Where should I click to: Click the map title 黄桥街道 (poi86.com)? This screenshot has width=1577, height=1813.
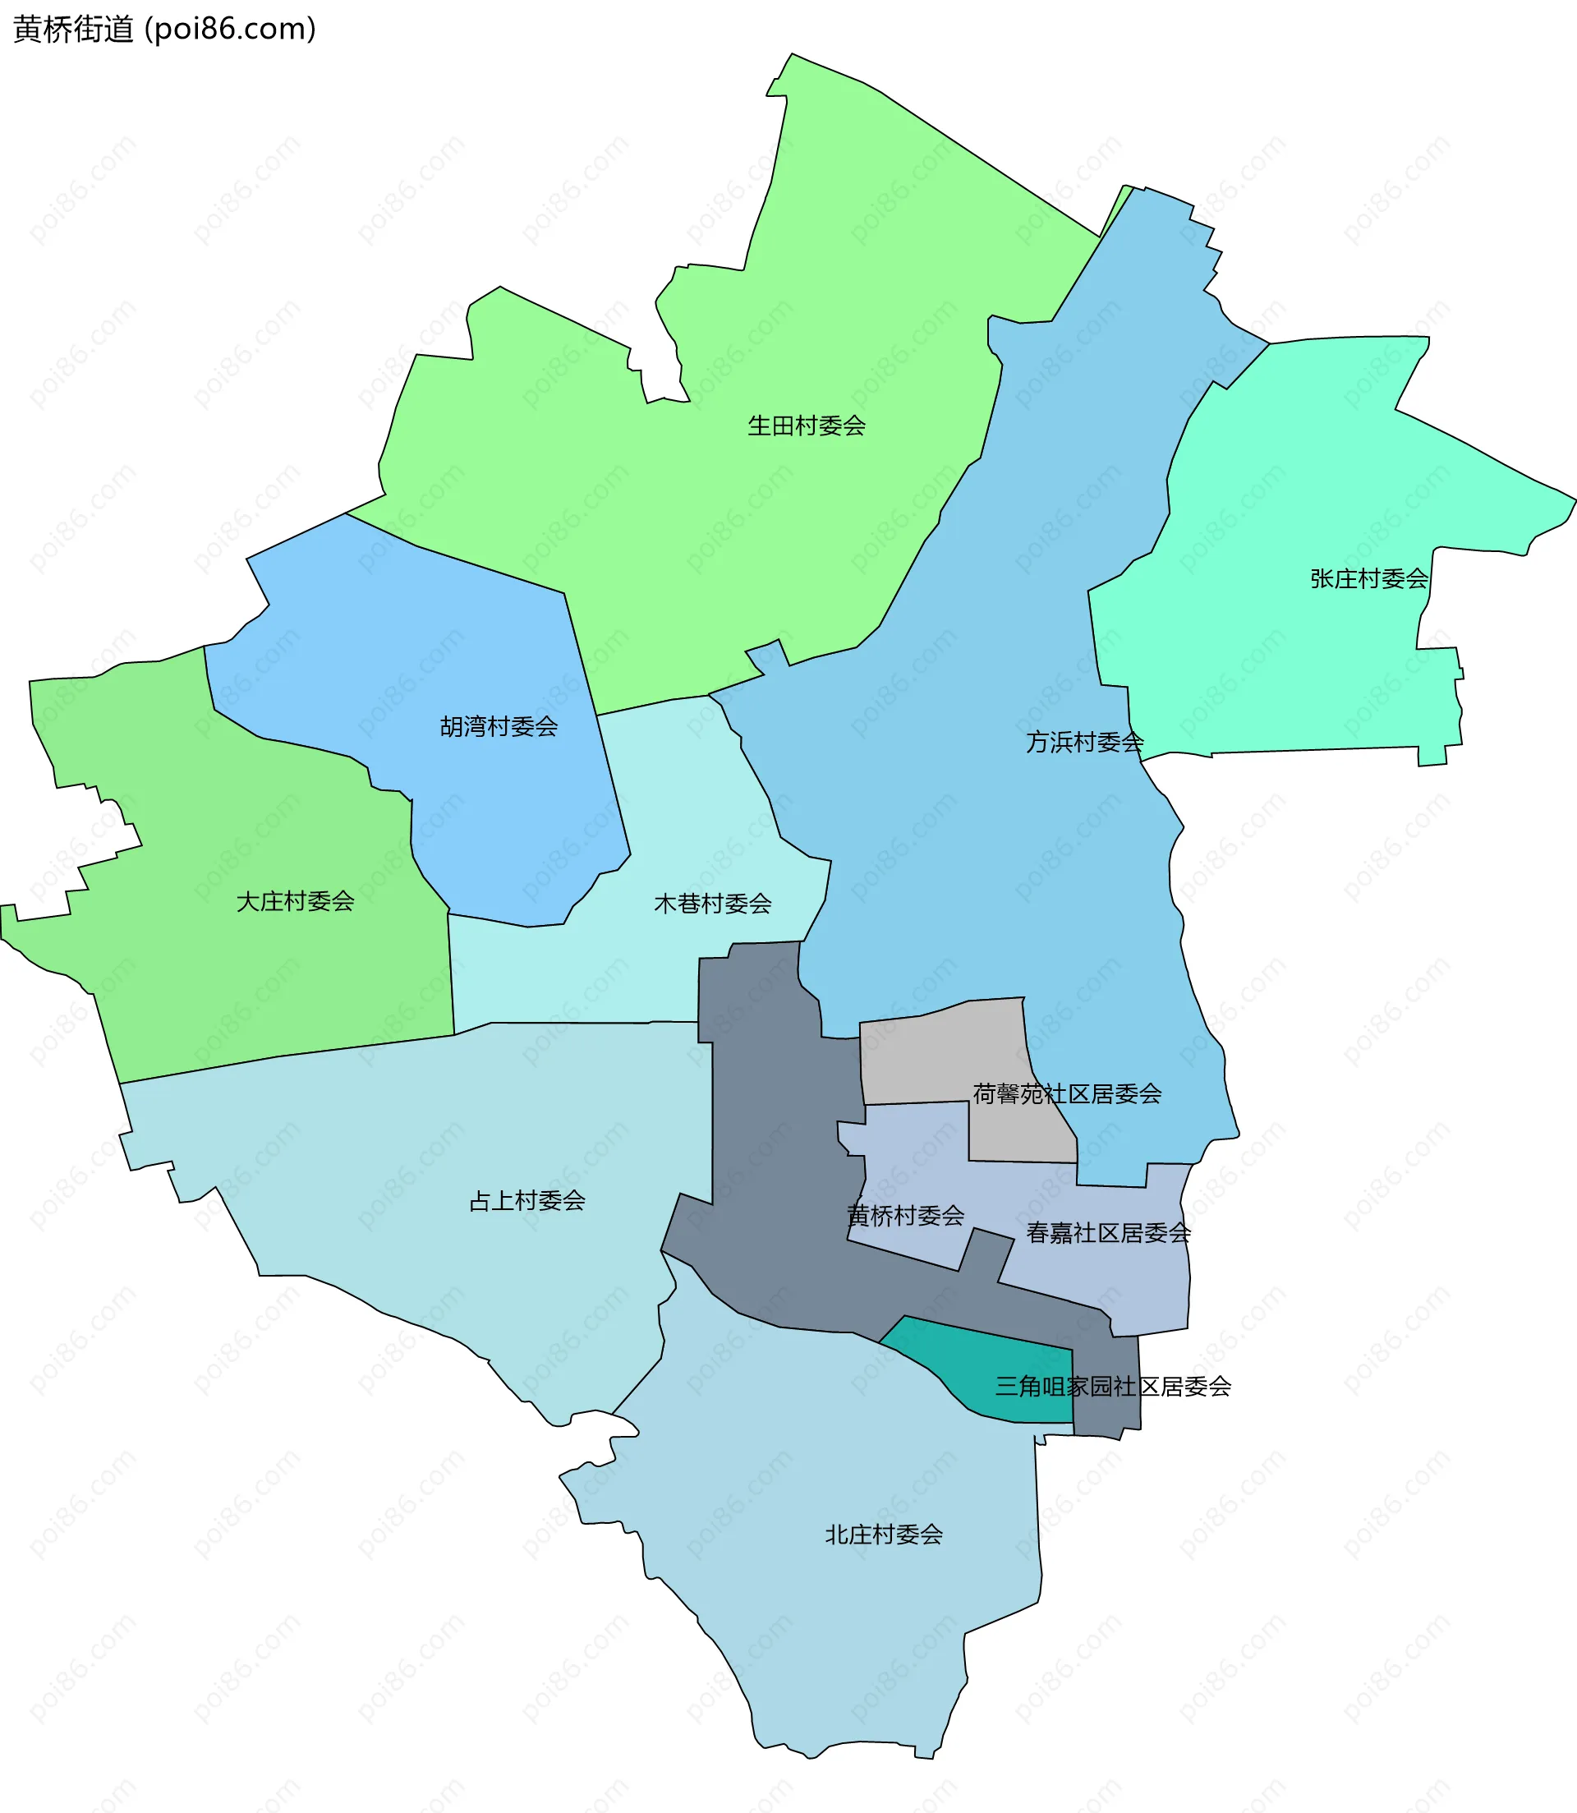coord(164,29)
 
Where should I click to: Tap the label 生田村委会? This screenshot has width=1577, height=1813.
coord(806,426)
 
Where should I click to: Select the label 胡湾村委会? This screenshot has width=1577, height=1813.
coord(499,726)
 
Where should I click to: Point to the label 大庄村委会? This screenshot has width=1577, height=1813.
coord(295,901)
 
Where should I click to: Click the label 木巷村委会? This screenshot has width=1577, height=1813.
coord(713,903)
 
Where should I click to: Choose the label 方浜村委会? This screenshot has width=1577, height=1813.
coord(1084,742)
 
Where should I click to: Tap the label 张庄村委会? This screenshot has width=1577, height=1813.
coord(1368,578)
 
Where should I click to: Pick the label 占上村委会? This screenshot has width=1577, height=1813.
coord(527,1200)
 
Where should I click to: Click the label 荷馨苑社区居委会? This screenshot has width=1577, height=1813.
coord(1067,1093)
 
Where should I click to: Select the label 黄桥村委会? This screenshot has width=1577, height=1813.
coord(905,1216)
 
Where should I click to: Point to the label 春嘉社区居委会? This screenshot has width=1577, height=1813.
coord(1108,1233)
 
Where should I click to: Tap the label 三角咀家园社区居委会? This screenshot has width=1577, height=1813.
coord(1112,1386)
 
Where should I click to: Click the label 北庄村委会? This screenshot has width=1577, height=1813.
coord(884,1535)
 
